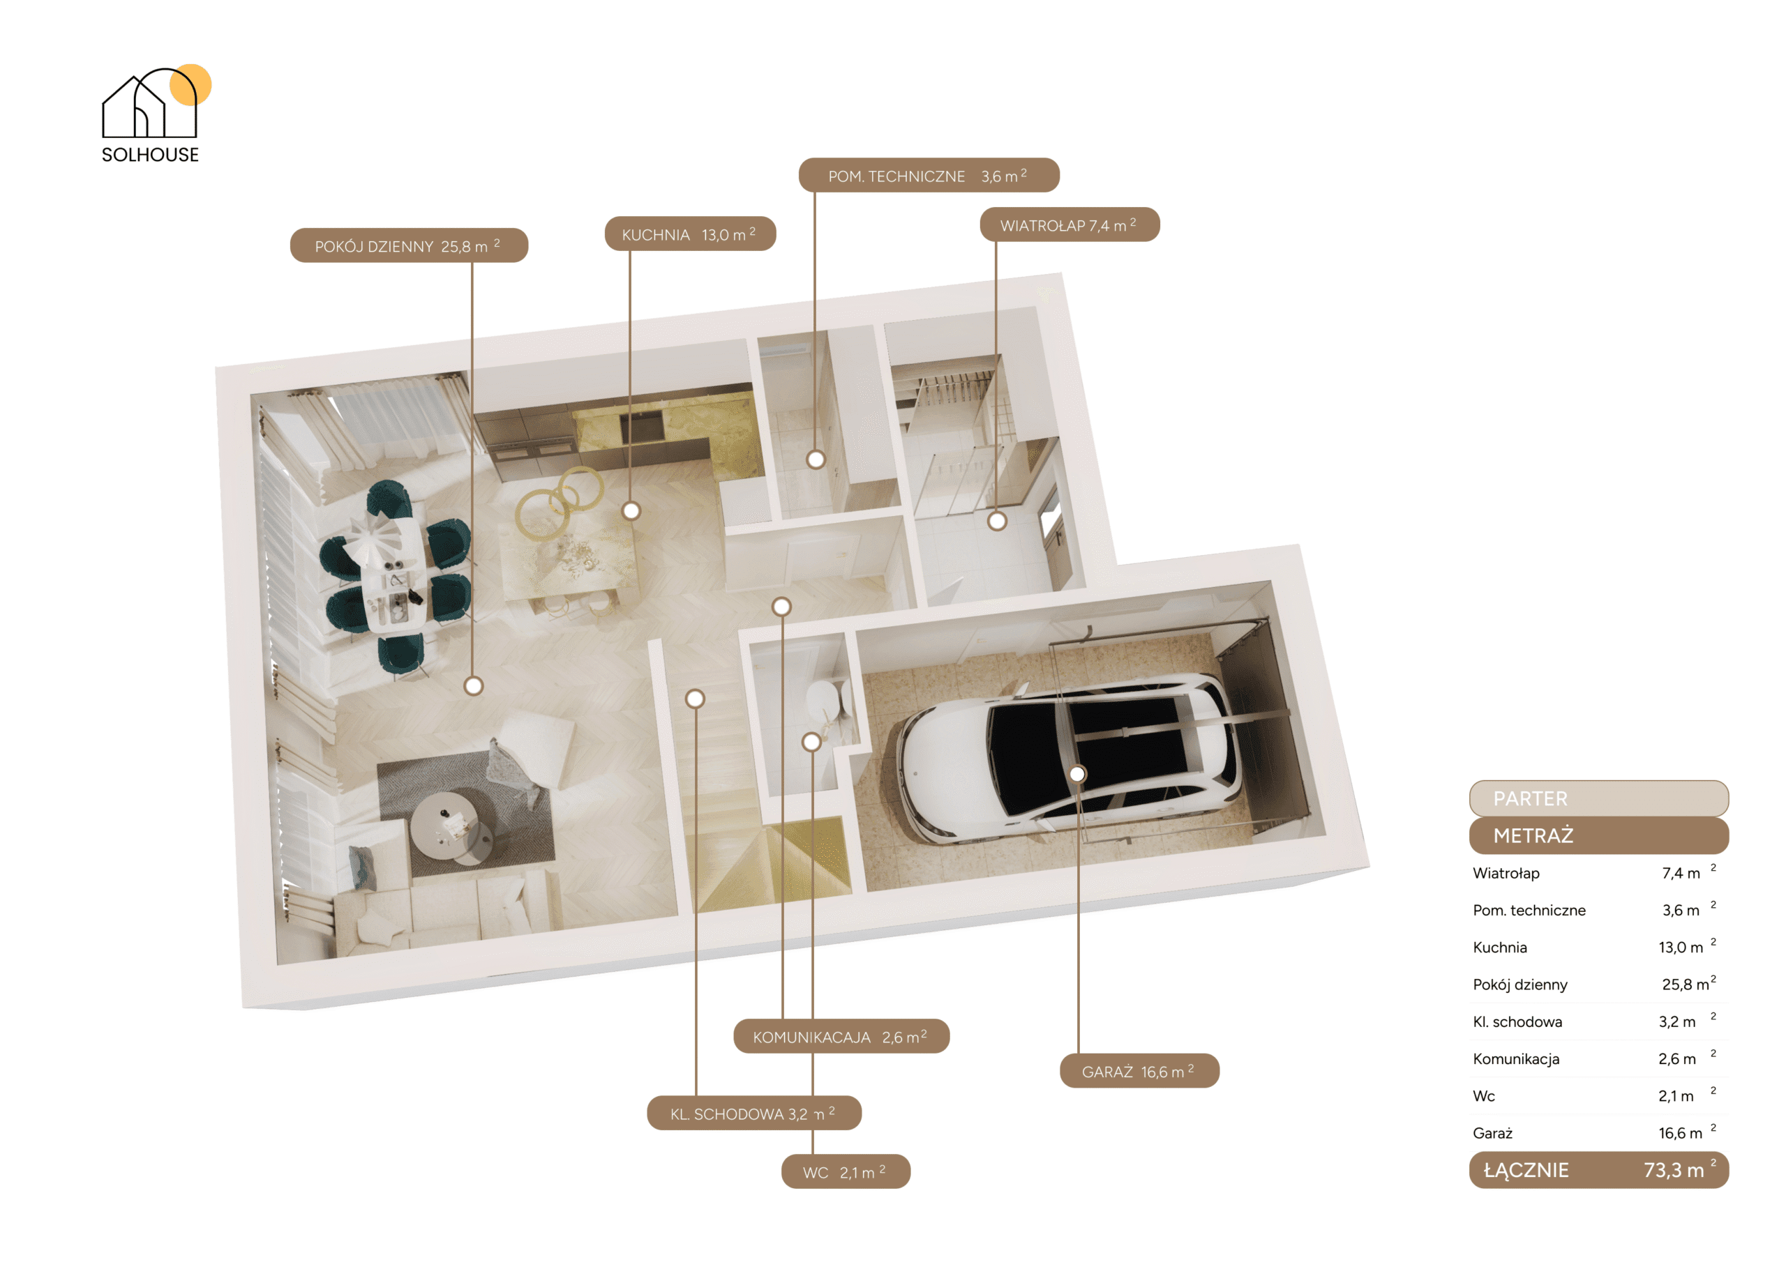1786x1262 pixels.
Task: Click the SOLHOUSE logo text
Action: (150, 155)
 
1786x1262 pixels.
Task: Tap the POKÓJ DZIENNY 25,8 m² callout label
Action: (409, 245)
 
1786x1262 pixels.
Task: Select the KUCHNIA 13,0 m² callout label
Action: (690, 234)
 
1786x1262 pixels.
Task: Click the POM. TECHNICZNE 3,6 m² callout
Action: (929, 176)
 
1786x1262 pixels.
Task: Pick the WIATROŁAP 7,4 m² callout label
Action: (1070, 225)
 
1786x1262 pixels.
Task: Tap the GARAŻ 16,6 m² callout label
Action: (1139, 1071)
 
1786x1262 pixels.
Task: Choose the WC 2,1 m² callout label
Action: (846, 1171)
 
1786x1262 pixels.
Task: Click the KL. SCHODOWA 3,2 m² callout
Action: (753, 1113)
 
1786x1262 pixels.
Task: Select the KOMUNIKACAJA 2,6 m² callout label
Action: (841, 1035)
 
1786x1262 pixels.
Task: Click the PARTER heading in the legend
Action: (1530, 798)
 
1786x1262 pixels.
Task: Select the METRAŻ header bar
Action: (1598, 835)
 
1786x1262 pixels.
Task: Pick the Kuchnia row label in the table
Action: (1500, 947)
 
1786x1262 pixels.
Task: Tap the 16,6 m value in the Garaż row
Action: (1680, 1133)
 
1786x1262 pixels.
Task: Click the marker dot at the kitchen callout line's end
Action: (631, 511)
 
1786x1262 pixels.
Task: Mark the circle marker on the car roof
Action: (1077, 774)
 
